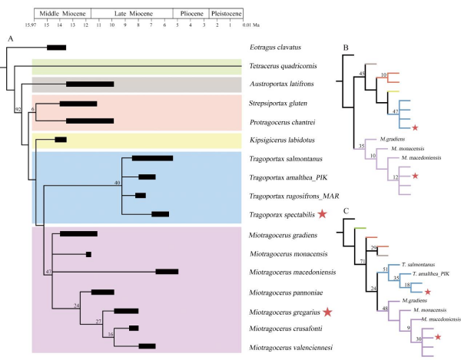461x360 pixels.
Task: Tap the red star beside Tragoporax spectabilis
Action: point(324,215)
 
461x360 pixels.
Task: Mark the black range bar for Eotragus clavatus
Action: point(56,48)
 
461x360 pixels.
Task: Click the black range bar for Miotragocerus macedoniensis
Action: point(167,271)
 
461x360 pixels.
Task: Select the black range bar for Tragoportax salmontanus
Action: point(152,158)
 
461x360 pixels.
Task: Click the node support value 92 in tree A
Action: point(18,110)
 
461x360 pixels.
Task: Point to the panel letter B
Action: point(347,47)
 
